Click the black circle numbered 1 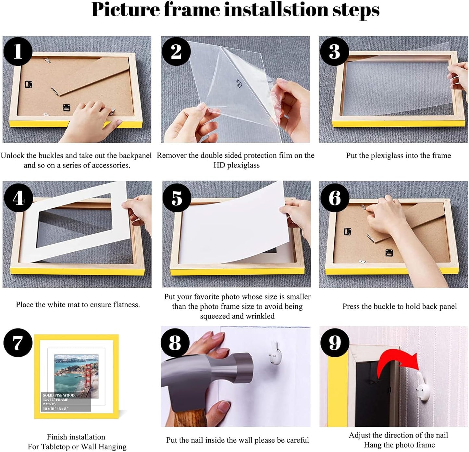point(18,51)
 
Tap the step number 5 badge point(177,198)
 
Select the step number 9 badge point(335,342)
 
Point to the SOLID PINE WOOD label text point(59,395)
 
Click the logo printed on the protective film point(240,84)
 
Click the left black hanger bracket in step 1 point(29,85)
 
